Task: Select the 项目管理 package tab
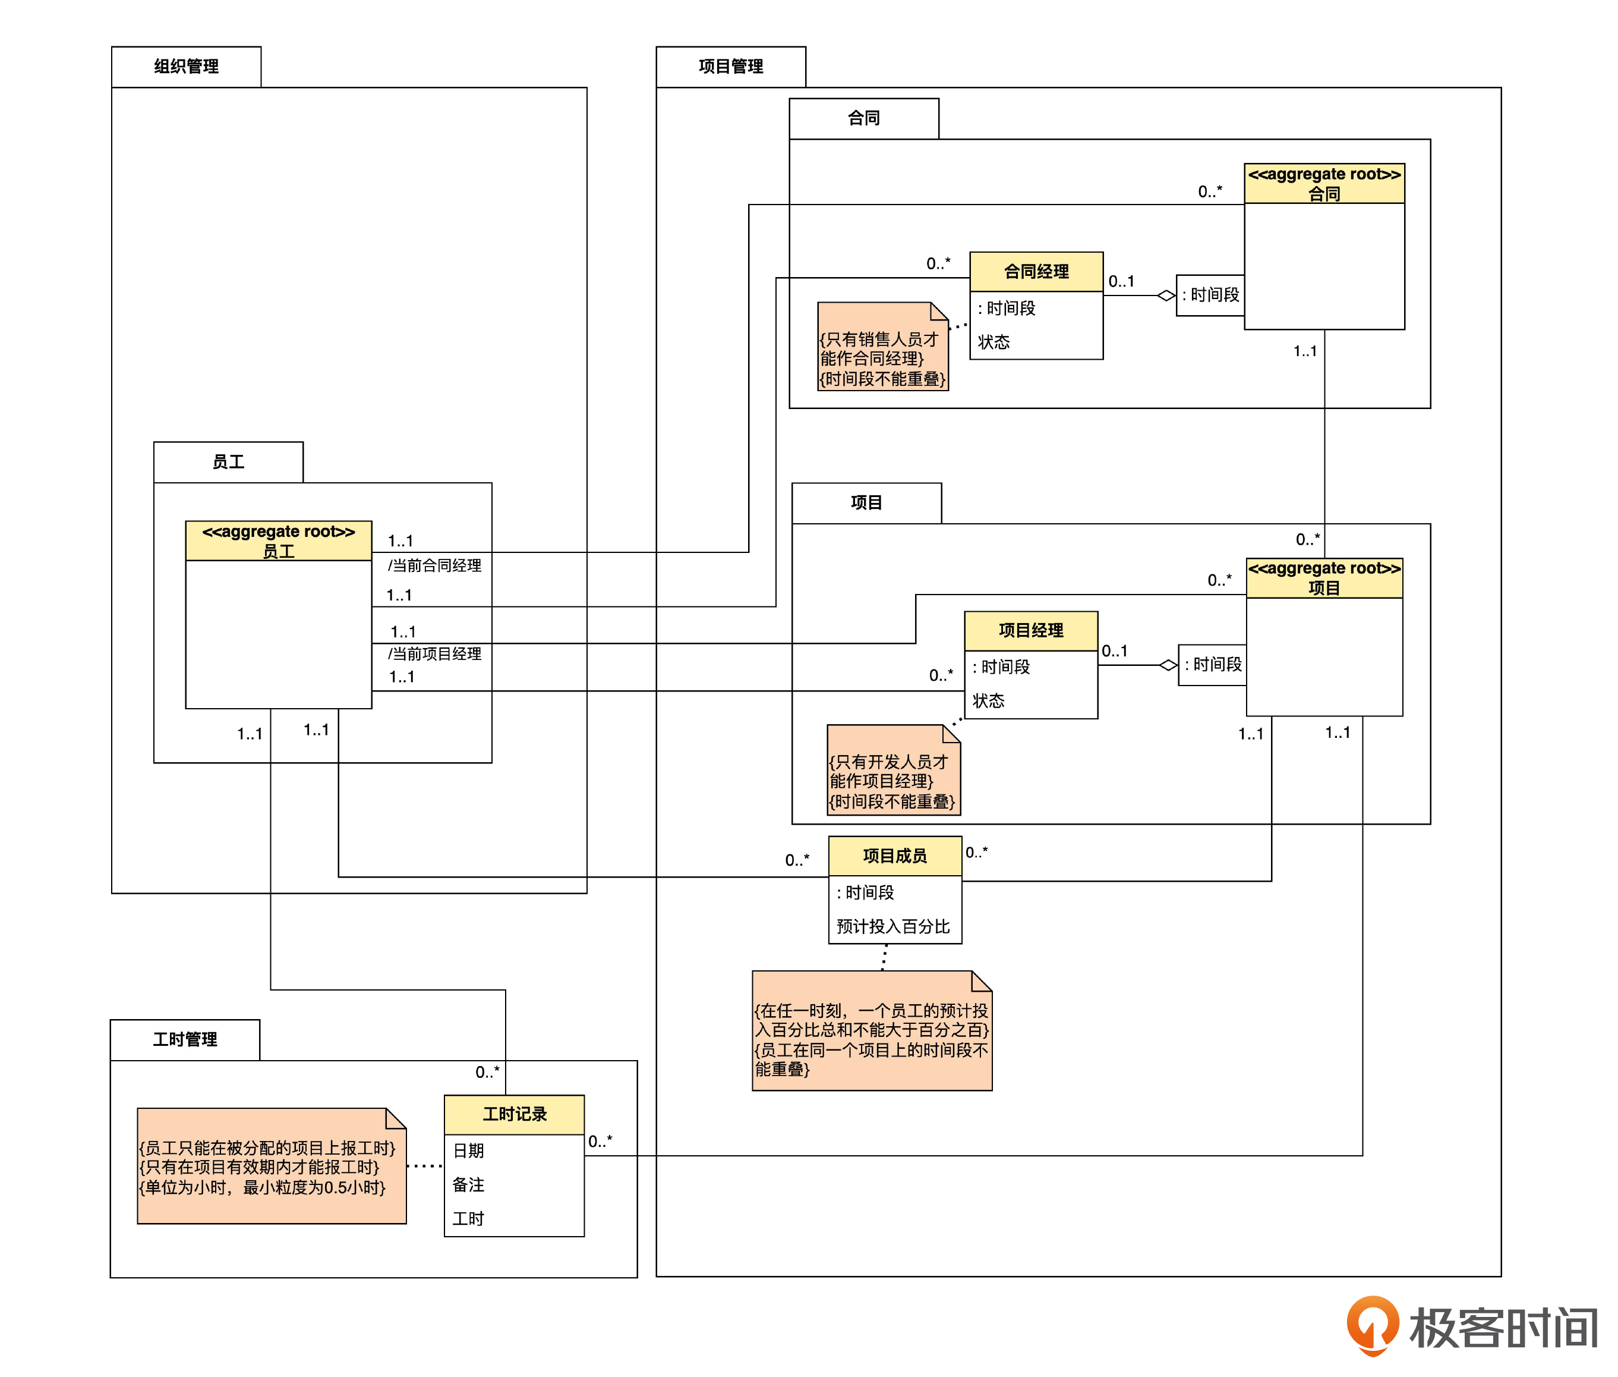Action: point(730,67)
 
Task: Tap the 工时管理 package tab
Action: point(185,1039)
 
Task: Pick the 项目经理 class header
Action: point(1030,631)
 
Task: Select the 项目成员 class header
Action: point(894,856)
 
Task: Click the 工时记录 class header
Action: point(513,1114)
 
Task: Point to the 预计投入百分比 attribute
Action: point(892,926)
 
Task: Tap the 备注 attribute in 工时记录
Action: point(468,1185)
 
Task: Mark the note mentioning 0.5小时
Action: point(271,1167)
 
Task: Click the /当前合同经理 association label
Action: point(434,566)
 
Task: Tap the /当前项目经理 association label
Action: point(434,654)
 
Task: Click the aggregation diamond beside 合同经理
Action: point(1166,296)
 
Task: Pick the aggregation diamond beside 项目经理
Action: point(1168,665)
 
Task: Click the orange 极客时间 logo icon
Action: point(1371,1325)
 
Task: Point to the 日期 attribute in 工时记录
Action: point(468,1150)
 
